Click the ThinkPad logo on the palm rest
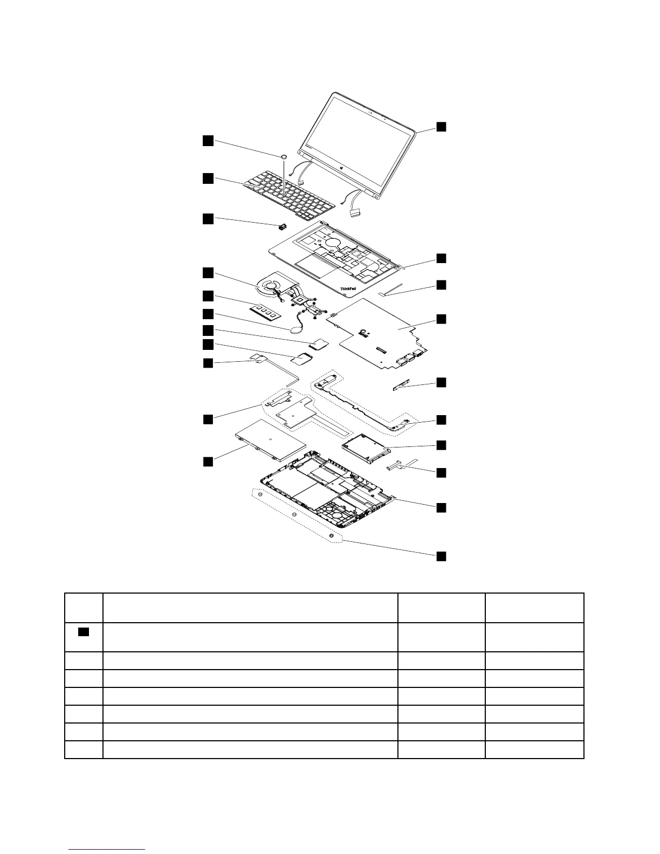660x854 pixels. pos(348,289)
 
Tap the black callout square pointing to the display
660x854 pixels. pos(441,127)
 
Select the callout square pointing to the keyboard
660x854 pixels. pos(208,178)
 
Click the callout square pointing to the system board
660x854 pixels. pos(441,319)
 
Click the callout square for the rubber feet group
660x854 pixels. pos(441,556)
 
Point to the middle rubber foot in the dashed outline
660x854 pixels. pos(294,515)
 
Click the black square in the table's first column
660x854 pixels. pos(83,632)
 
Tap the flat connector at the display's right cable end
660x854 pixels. pos(356,214)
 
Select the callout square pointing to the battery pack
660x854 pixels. pos(208,461)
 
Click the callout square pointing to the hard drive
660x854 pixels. pos(441,445)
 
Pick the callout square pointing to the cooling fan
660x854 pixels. pos(208,272)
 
